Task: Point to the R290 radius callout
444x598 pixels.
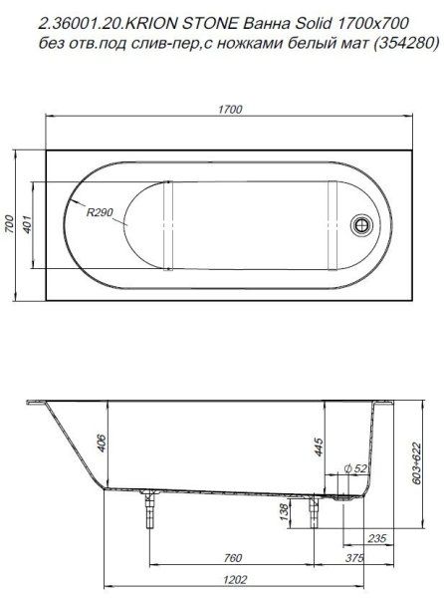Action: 101,212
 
